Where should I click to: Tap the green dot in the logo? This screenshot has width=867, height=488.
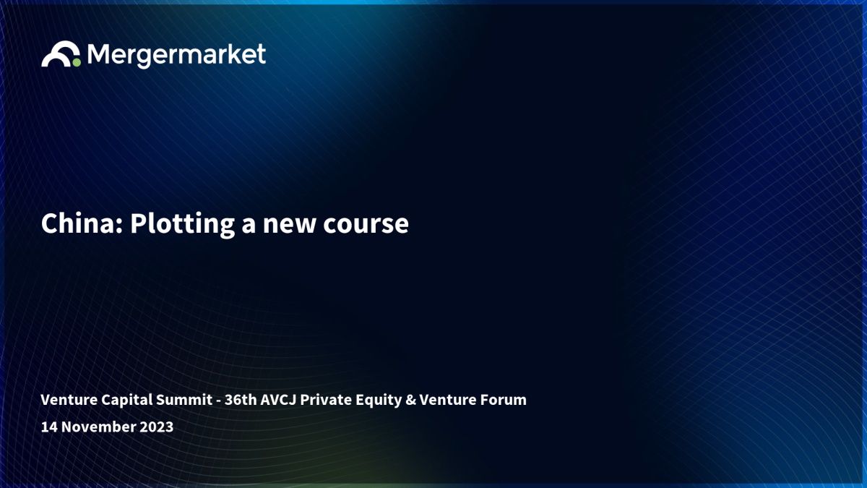[77, 62]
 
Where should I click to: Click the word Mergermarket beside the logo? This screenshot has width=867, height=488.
[176, 56]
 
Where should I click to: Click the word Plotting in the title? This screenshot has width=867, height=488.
[182, 225]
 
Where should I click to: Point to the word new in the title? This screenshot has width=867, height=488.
[289, 226]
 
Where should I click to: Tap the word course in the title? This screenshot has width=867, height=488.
[366, 226]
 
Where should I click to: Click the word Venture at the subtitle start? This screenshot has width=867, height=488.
[69, 400]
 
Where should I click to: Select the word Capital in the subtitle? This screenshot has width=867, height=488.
[127, 401]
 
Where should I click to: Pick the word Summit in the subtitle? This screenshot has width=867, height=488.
[184, 400]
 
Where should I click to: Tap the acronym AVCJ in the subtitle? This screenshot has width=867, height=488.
[278, 401]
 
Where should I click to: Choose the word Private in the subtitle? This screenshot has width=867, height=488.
[326, 400]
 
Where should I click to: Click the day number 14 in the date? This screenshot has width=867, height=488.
[49, 427]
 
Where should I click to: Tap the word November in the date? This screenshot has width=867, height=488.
[98, 427]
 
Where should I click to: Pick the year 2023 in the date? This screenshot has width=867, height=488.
[156, 427]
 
